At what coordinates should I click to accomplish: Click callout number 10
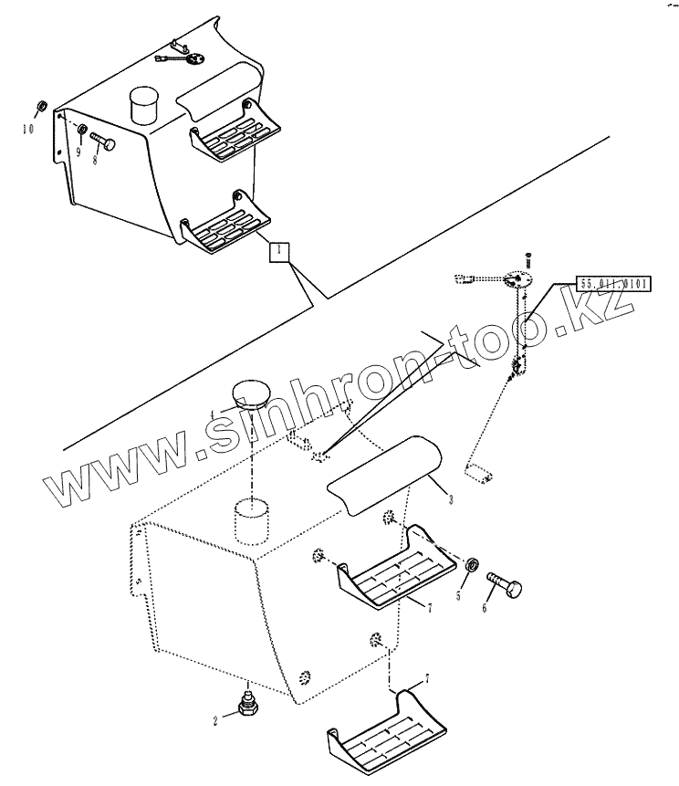(28, 130)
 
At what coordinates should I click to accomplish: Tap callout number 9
(78, 152)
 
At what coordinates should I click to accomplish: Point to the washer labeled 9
(82, 131)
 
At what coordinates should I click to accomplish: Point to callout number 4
(213, 414)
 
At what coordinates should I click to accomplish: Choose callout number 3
(450, 500)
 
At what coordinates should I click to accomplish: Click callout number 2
(215, 720)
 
